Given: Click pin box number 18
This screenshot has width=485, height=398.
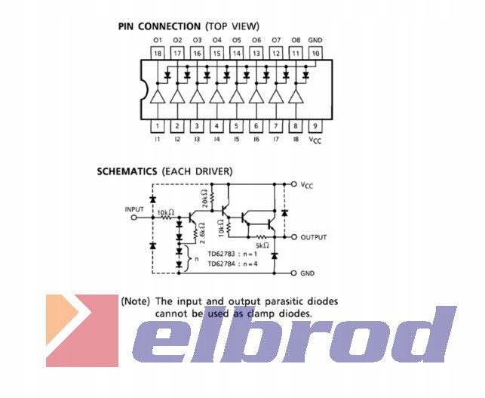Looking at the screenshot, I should pos(158,54).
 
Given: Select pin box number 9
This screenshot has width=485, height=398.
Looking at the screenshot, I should pos(315,126).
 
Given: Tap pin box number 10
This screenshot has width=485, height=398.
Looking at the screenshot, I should pos(315,54).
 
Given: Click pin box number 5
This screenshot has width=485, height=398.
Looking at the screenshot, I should pos(236,126).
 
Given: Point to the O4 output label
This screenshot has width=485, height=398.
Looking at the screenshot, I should pos(216,39).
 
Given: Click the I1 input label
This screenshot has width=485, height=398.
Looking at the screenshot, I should pos(158,140).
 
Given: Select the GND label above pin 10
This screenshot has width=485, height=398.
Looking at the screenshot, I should pos(315,39).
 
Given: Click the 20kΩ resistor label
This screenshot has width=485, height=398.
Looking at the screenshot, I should pos(205,199).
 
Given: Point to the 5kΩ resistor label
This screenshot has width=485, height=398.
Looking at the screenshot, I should pos(261,245).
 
